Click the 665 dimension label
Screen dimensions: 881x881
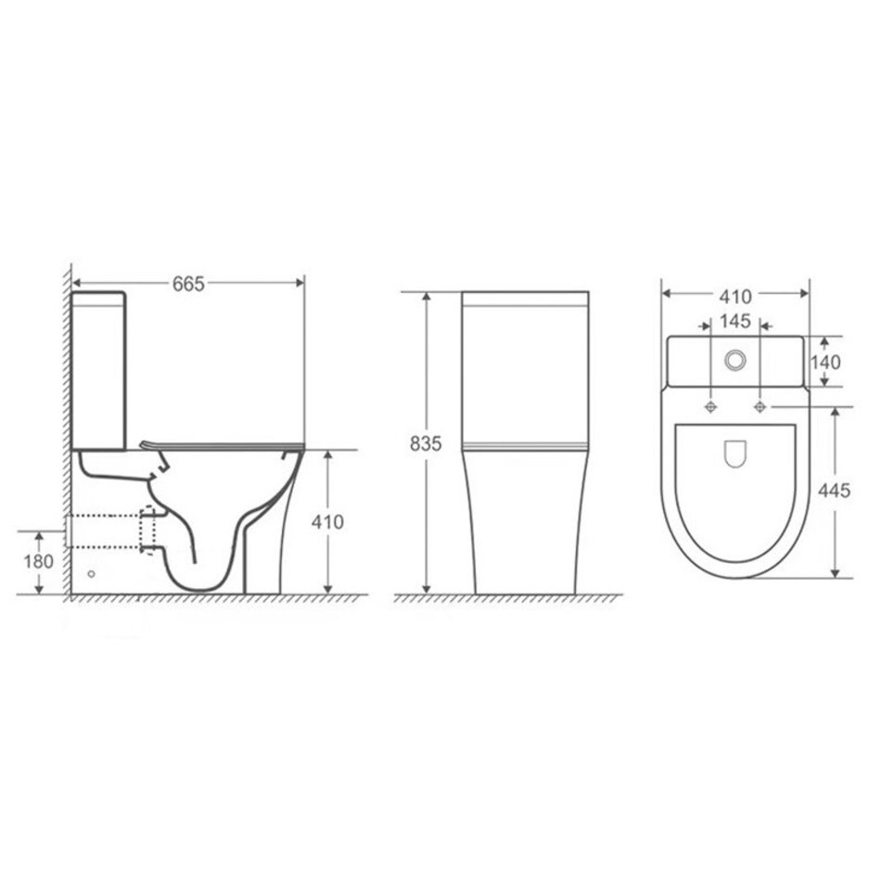coord(188,284)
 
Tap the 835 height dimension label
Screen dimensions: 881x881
coord(426,443)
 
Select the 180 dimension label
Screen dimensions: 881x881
coord(38,561)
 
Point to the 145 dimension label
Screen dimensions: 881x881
coord(734,321)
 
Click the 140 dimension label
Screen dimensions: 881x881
coord(824,363)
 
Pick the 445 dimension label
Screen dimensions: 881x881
coord(834,491)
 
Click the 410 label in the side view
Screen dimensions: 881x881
coord(327,522)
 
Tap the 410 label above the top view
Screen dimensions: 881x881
coord(734,296)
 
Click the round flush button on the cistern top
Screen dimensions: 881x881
coord(734,360)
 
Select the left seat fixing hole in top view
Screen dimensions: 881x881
coord(710,406)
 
